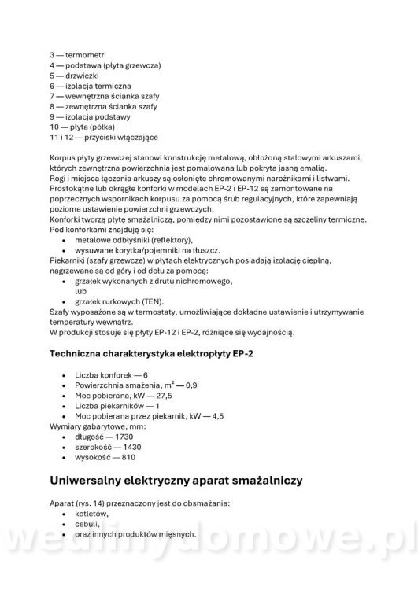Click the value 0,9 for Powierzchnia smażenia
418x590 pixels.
click(191, 385)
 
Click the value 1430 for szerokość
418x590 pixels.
click(128, 446)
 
